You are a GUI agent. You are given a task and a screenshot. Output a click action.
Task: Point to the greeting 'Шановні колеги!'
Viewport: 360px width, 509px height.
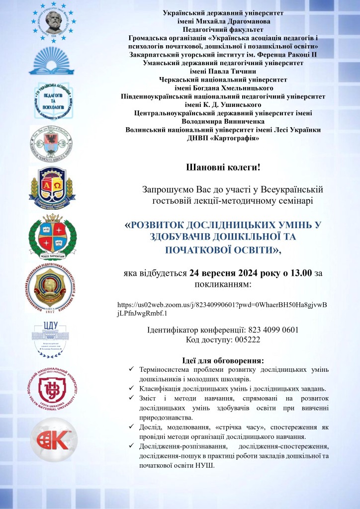click(223, 168)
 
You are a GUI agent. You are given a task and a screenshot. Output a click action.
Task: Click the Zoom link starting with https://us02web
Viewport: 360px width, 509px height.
click(222, 308)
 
